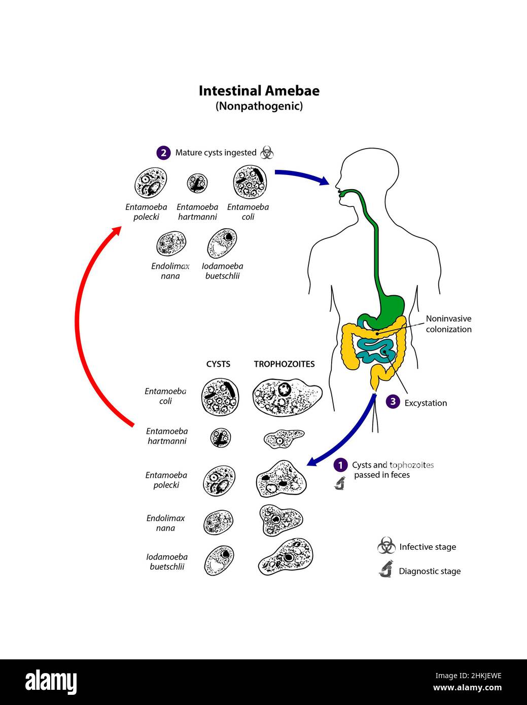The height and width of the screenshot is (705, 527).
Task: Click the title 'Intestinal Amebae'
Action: (259, 91)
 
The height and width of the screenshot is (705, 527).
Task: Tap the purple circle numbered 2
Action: (163, 153)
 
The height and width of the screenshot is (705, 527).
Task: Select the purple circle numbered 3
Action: (393, 402)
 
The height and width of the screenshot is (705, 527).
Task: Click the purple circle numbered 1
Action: (340, 465)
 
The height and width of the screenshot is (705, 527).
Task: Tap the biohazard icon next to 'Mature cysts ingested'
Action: (267, 152)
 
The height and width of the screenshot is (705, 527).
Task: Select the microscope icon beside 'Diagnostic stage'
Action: (386, 570)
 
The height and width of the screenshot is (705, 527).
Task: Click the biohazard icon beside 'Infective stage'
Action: (387, 546)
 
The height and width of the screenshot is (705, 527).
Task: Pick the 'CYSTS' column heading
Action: (218, 364)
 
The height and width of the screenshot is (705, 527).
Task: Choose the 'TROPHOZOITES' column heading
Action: (284, 364)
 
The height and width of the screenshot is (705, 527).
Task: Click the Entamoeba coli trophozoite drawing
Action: (286, 398)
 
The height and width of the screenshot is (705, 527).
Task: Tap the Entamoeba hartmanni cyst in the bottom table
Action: (221, 438)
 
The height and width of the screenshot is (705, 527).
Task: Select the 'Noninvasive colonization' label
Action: (448, 324)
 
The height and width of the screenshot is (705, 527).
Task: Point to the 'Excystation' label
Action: (426, 403)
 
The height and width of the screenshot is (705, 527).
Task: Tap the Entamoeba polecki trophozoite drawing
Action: (281, 479)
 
